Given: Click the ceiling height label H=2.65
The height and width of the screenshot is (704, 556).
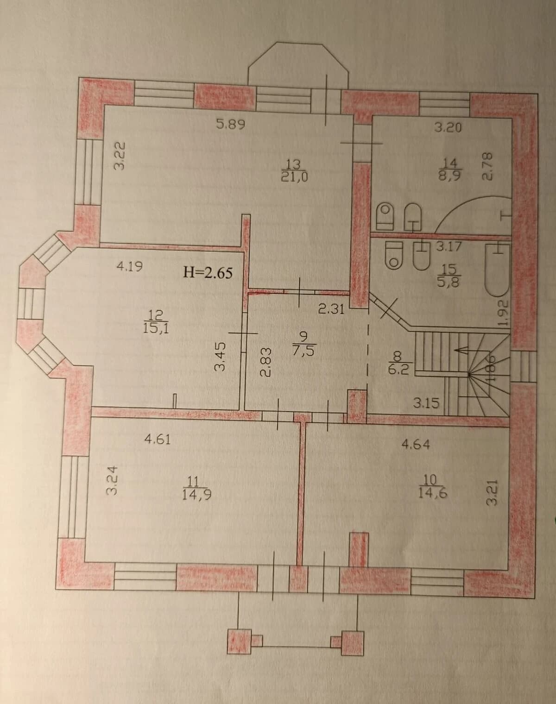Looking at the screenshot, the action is click(208, 272).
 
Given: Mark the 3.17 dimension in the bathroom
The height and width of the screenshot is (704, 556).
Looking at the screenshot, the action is click(449, 246).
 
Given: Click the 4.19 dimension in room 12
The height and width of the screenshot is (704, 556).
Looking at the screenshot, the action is click(130, 267).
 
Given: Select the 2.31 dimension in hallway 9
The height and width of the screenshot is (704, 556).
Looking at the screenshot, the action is click(331, 309).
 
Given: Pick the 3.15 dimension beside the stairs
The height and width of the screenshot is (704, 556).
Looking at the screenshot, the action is click(426, 402).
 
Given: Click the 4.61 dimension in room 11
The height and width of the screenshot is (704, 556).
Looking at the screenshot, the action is click(158, 439).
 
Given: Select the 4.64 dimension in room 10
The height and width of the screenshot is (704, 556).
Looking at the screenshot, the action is click(416, 444).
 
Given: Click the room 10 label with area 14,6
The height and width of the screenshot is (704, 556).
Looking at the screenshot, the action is click(432, 487).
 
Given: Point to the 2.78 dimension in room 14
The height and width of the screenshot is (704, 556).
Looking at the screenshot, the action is click(487, 167).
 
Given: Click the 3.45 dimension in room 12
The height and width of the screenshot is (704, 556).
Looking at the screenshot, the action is click(221, 356).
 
